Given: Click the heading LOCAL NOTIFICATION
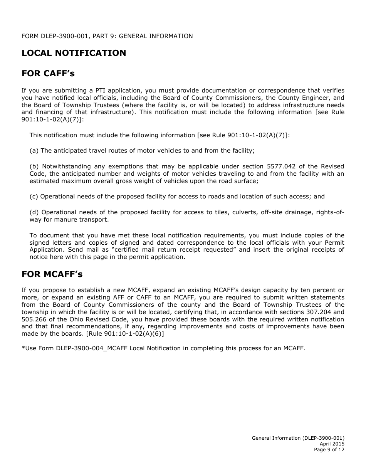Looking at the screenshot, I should pyautogui.click(x=74, y=53).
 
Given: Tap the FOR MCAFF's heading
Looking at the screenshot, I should pyautogui.click(x=52, y=274).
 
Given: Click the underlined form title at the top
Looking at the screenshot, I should pyautogui.click(x=107, y=36).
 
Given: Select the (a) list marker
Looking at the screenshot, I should pyautogui.click(x=34, y=151).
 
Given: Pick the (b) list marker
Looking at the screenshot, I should pyautogui.click(x=34, y=166).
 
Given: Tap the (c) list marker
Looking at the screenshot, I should pyautogui.click(x=34, y=197).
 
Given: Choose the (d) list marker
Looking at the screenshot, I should pyautogui.click(x=34, y=212).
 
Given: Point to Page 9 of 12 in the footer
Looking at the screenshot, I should pyautogui.click(x=329, y=450).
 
